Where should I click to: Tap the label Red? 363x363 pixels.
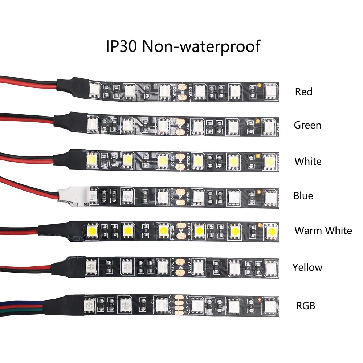tap(303, 92)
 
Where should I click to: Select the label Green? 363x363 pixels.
tap(307, 125)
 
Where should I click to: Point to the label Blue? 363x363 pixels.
tap(303, 196)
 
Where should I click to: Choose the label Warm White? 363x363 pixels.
tap(323, 231)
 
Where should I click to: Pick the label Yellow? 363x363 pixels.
tap(307, 268)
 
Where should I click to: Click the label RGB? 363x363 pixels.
tap(305, 306)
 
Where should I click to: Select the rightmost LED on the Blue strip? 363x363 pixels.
tap(270, 196)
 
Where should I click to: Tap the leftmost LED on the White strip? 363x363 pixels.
tap(92, 159)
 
